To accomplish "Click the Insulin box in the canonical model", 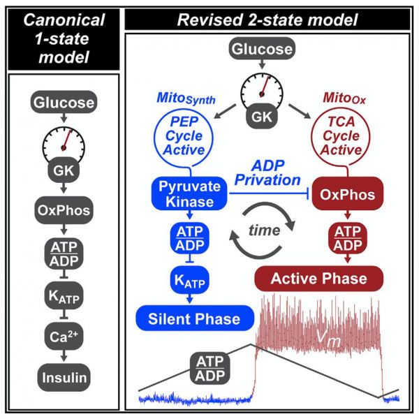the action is [64, 377].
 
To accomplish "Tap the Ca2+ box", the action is [64, 337].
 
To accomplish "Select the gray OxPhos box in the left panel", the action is [64, 210].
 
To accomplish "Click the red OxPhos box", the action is [348, 194].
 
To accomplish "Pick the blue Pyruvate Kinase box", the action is [189, 193].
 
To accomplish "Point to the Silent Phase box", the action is [195, 318].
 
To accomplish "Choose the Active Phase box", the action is [319, 279].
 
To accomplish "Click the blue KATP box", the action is [190, 280].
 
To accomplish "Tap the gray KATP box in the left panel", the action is [64, 295].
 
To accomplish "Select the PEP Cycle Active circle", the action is [184, 135].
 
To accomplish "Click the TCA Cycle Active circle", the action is [341, 135].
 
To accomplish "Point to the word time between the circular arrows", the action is [265, 230].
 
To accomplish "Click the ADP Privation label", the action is [267, 173].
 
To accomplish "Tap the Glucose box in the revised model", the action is [262, 49].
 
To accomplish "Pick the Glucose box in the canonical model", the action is [64, 102].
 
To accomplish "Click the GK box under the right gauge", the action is [262, 117].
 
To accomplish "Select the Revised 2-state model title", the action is [267, 20].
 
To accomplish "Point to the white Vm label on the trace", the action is [328, 338].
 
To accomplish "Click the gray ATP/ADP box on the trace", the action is [210, 369].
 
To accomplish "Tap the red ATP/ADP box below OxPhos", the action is [348, 238].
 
